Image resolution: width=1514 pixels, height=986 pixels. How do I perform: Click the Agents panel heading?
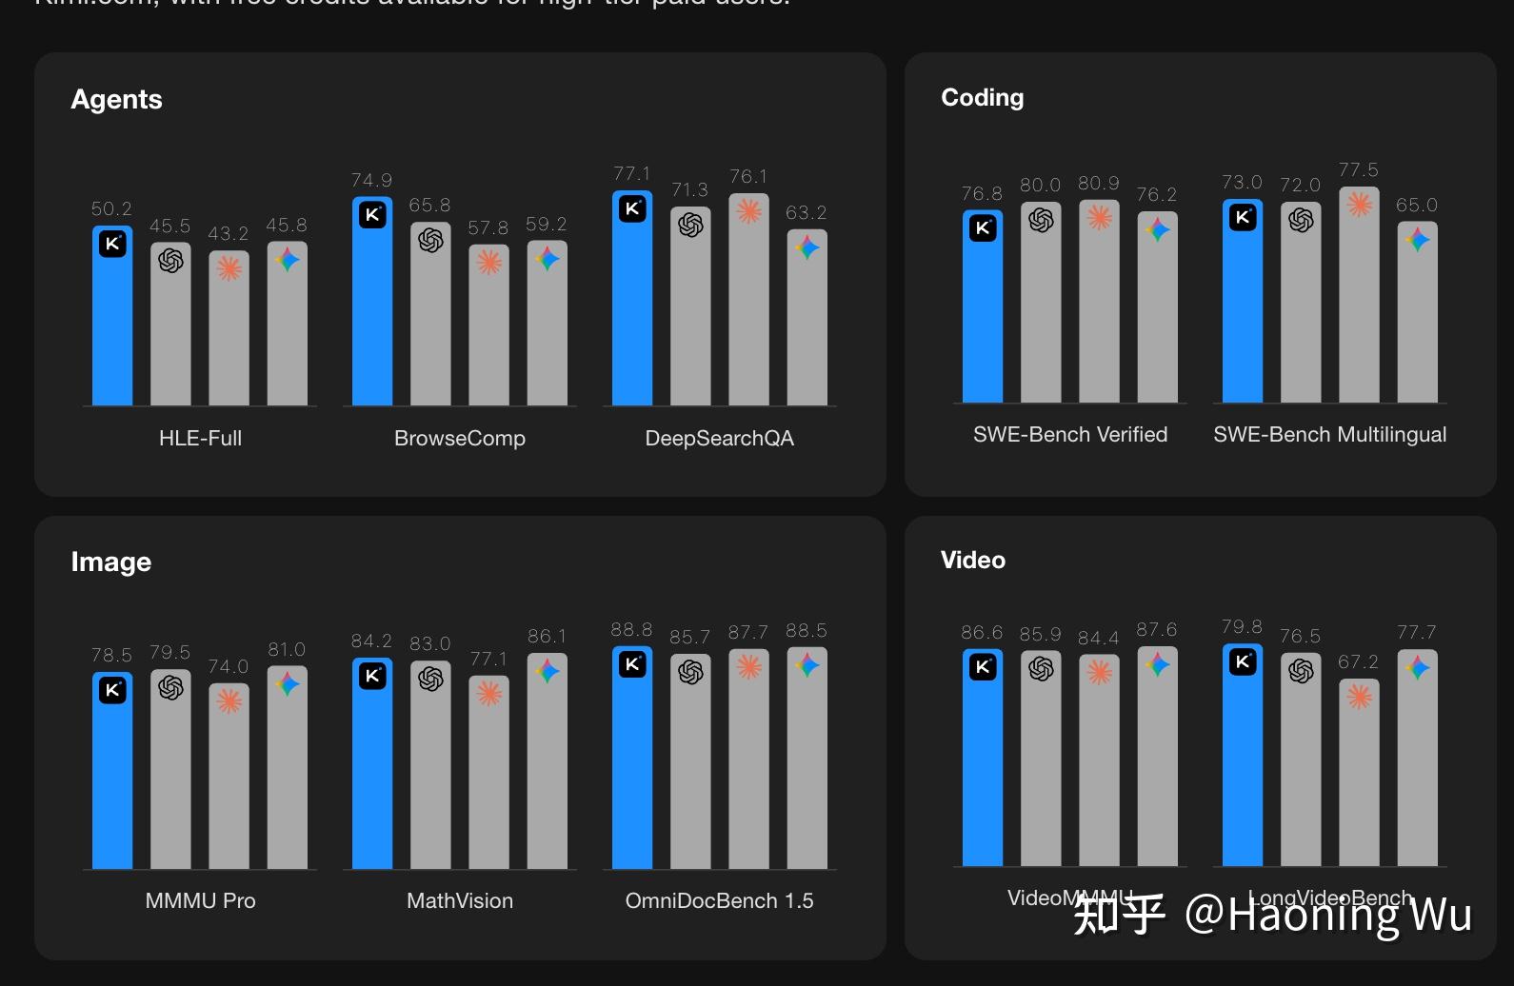point(116,99)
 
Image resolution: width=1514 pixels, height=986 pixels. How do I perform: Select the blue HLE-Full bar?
point(112,324)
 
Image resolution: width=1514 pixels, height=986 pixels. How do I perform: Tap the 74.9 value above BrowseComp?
point(371,180)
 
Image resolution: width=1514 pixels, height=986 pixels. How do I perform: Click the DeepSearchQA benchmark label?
point(719,438)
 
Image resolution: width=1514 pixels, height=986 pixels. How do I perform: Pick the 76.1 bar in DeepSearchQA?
point(748,305)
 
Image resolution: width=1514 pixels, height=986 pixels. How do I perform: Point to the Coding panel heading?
point(982,97)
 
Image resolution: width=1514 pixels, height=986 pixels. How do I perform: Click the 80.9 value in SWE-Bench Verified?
point(1098,183)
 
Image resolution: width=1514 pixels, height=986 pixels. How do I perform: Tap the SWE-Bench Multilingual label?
point(1329,434)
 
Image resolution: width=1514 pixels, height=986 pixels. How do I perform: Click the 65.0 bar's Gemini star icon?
point(1417,240)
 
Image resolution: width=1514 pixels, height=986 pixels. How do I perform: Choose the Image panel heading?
point(110,562)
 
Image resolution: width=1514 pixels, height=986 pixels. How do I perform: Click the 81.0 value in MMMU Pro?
point(287,649)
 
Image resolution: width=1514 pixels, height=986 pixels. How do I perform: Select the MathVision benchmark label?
point(459,900)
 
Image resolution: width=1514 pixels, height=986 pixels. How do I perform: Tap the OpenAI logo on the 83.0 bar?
point(430,679)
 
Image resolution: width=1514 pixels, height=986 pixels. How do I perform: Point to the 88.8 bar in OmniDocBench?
point(632,761)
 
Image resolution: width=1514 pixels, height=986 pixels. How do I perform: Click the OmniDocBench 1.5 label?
point(719,900)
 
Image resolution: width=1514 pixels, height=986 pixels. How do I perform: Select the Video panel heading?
point(972,560)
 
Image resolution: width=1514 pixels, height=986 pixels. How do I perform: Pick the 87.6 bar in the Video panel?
point(1157,761)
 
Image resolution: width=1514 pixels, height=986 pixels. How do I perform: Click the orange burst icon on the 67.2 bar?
point(1359,697)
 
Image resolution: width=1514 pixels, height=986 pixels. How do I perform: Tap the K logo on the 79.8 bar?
point(1242,661)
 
